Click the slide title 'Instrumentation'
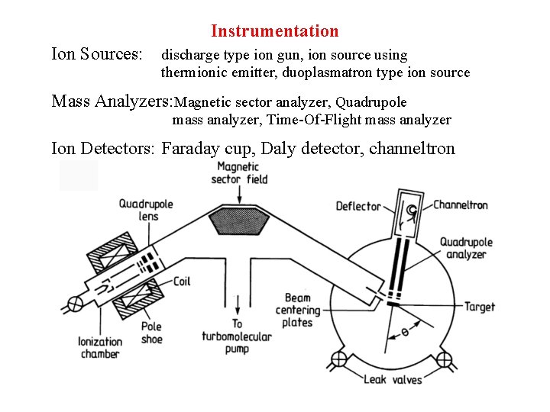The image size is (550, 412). click(x=274, y=31)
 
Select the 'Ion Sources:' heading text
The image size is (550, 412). click(x=96, y=55)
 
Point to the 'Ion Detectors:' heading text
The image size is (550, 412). click(x=104, y=148)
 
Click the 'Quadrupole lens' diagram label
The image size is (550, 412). click(x=145, y=210)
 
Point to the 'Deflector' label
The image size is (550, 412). click(x=358, y=206)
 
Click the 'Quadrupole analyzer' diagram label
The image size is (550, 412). click(x=466, y=248)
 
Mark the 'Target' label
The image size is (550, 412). click(x=480, y=307)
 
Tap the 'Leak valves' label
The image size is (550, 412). click(x=392, y=379)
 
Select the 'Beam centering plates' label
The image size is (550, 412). click(x=297, y=310)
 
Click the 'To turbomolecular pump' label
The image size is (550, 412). click(x=237, y=336)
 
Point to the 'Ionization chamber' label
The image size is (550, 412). click(x=99, y=348)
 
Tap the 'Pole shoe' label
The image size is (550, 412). click(x=151, y=333)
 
